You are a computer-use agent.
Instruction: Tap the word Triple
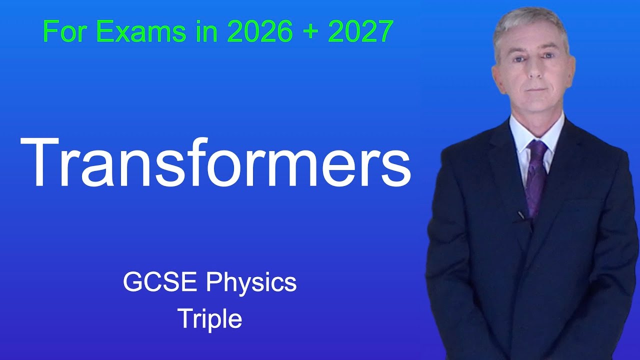[x=209, y=319]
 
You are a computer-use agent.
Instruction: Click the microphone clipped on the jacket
[x=521, y=215]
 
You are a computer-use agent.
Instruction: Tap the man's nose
[x=533, y=70]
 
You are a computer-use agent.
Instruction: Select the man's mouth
[x=533, y=88]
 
